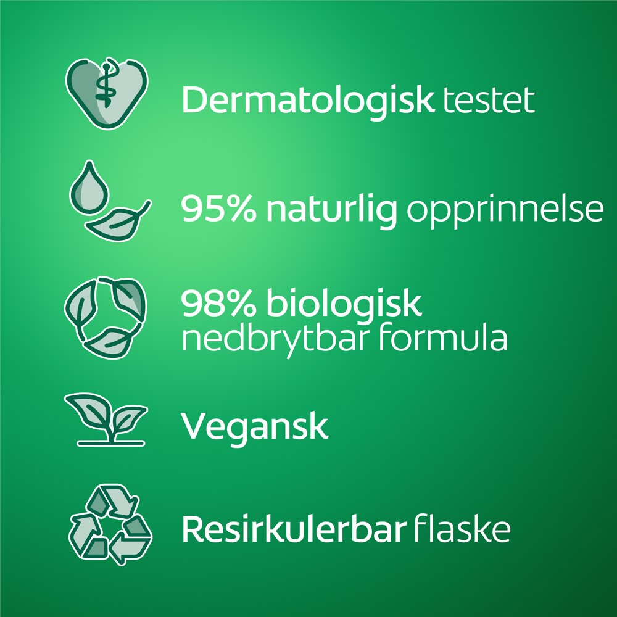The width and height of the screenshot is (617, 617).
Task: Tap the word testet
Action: point(489,101)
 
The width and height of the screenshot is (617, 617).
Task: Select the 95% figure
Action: point(218,209)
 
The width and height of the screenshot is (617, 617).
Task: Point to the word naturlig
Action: point(332,210)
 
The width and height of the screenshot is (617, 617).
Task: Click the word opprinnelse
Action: point(505,211)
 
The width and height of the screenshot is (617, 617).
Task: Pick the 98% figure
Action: point(218,303)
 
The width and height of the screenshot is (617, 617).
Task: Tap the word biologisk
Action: point(344,305)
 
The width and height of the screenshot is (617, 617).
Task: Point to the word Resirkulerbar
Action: point(294,529)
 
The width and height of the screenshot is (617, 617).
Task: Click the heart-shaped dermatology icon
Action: point(107,93)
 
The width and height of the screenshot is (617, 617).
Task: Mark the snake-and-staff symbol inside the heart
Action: point(106,84)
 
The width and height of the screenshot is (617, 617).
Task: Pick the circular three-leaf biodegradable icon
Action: point(105,317)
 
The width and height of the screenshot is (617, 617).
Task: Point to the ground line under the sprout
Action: point(111,443)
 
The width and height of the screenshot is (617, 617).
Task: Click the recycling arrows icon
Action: point(110,524)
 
